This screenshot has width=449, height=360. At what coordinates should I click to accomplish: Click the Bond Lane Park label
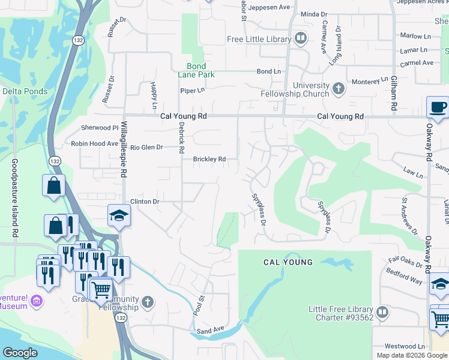point(196,70)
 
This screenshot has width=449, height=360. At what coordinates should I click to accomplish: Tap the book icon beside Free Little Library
point(301,40)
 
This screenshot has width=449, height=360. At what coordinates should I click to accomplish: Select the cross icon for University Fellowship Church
point(339,89)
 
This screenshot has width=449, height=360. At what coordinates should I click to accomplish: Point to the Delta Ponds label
point(25,91)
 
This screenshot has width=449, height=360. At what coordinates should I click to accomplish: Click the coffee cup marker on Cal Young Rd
point(438,107)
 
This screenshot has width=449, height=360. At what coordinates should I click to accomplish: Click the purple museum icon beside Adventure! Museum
point(37,301)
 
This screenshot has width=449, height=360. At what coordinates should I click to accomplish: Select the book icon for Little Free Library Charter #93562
point(382,313)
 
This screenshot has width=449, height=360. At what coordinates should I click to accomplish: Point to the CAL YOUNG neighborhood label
point(288,262)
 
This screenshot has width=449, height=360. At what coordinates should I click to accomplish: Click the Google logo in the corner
point(20,353)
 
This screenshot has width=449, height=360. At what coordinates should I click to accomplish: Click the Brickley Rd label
point(209,159)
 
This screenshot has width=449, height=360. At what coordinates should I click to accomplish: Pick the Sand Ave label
point(210,329)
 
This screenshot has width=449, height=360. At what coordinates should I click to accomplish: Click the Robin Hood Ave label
point(94,144)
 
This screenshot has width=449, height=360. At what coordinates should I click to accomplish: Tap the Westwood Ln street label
point(405,346)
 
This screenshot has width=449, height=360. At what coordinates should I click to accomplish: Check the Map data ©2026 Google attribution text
point(411,355)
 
